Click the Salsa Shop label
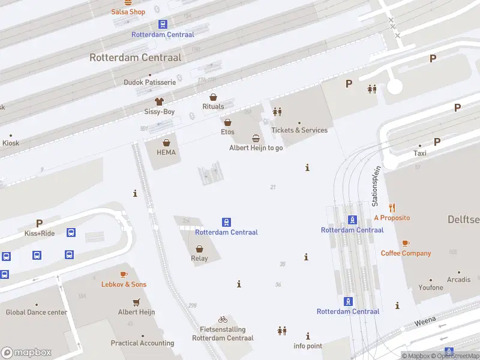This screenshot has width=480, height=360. (128, 12)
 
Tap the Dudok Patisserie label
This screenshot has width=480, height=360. (149, 82)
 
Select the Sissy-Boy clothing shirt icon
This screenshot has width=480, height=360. (159, 101)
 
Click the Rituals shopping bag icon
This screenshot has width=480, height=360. (213, 97)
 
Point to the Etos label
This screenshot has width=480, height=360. (227, 132)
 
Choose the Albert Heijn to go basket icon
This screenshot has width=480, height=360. (256, 138)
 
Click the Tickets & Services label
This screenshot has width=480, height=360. (299, 130)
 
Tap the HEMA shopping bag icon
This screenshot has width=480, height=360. (166, 143)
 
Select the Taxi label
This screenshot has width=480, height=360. (420, 154)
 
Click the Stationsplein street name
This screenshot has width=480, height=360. (376, 186)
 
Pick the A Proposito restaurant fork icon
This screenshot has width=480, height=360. (392, 208)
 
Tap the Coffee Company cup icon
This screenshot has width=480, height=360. (406, 243)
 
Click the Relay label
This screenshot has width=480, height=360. (199, 259)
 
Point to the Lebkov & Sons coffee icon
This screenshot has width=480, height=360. (124, 274)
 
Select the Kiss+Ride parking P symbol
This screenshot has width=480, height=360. (40, 223)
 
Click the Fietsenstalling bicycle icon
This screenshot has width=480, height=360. (223, 319)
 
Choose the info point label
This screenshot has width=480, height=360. (308, 346)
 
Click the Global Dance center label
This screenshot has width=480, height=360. (37, 313)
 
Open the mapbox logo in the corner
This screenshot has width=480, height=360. (26, 352)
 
